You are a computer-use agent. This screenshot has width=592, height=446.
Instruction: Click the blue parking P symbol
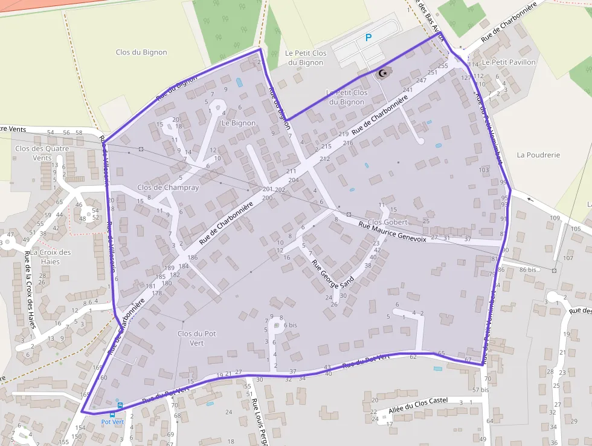[368, 38]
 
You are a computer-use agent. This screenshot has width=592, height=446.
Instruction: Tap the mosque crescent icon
[382, 73]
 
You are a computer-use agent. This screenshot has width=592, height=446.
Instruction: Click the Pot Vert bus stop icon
[120, 405]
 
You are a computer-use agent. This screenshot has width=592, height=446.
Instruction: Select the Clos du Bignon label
[141, 52]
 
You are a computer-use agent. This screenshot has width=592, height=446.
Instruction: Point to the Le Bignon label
[239, 123]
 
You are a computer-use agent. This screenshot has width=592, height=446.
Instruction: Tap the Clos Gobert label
[388, 222]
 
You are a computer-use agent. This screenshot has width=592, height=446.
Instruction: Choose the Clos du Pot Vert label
[197, 338]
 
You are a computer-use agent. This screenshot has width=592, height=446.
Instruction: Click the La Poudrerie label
[538, 155]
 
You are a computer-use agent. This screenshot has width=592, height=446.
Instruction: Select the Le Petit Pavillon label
[513, 62]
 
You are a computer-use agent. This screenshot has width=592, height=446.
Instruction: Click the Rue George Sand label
[332, 274]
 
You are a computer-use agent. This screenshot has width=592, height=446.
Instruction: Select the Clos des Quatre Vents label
[42, 153]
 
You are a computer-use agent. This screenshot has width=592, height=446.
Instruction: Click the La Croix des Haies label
[51, 257]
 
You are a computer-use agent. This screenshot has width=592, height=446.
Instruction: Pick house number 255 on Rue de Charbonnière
[443, 65]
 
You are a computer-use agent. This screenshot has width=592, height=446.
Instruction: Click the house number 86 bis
[527, 269]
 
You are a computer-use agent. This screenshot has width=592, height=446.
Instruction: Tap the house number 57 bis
[480, 390]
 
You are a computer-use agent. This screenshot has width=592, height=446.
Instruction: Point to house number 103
[483, 170]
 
